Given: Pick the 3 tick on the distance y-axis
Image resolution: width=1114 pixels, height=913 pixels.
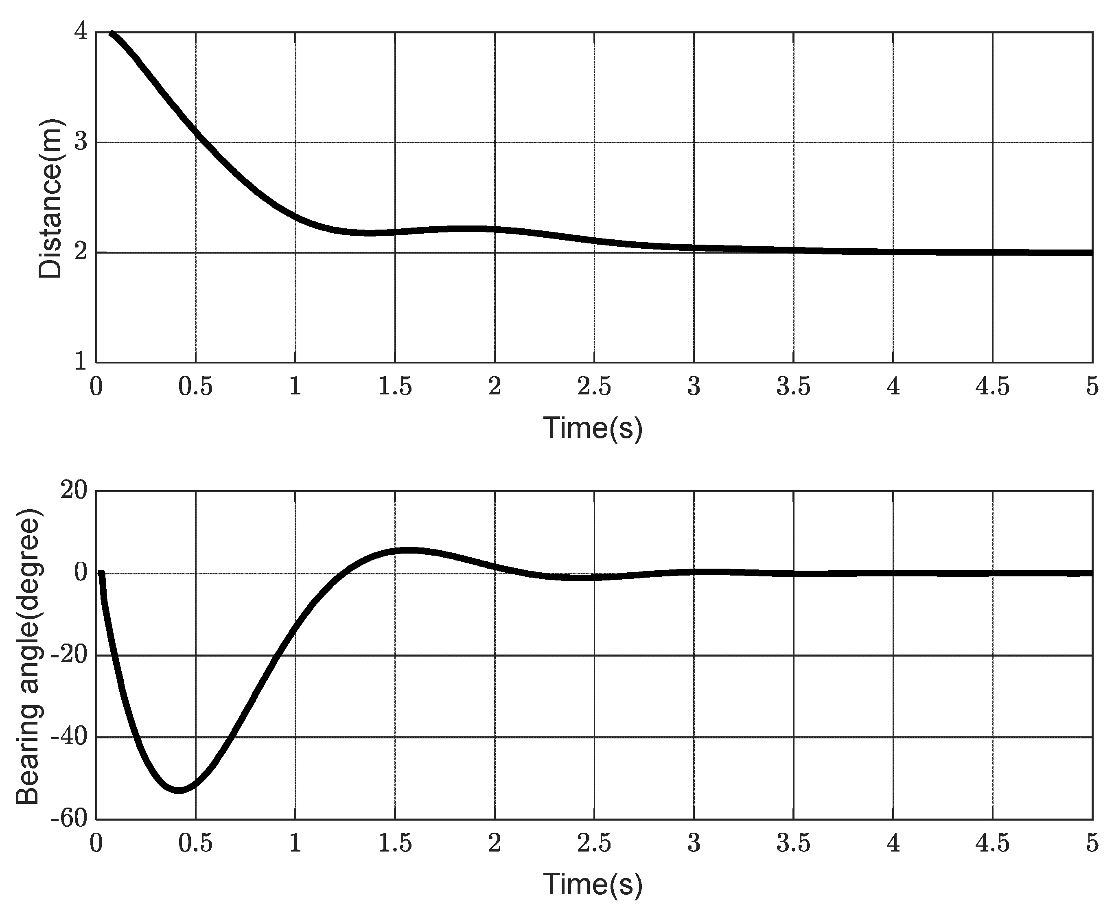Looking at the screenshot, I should (x=81, y=142).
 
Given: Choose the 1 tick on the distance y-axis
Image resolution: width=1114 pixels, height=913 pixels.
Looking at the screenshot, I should (x=81, y=362).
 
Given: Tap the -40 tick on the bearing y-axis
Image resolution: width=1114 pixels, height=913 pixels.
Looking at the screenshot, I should (x=69, y=736).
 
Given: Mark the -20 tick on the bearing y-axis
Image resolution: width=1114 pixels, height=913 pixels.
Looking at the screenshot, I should (x=69, y=655).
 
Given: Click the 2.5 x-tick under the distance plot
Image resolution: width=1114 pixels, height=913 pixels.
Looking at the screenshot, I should (x=594, y=387).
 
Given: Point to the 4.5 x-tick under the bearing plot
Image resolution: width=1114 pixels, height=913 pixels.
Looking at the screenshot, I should (x=992, y=843).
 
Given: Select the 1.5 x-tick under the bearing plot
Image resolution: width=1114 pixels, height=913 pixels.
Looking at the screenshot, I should (x=395, y=843).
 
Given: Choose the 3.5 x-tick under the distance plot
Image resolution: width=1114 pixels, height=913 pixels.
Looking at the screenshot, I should (x=793, y=387).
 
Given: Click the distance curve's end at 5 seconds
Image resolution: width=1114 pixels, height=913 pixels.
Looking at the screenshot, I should (x=1091, y=252).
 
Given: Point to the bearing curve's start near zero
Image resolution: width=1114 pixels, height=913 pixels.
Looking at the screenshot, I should (x=101, y=573).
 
